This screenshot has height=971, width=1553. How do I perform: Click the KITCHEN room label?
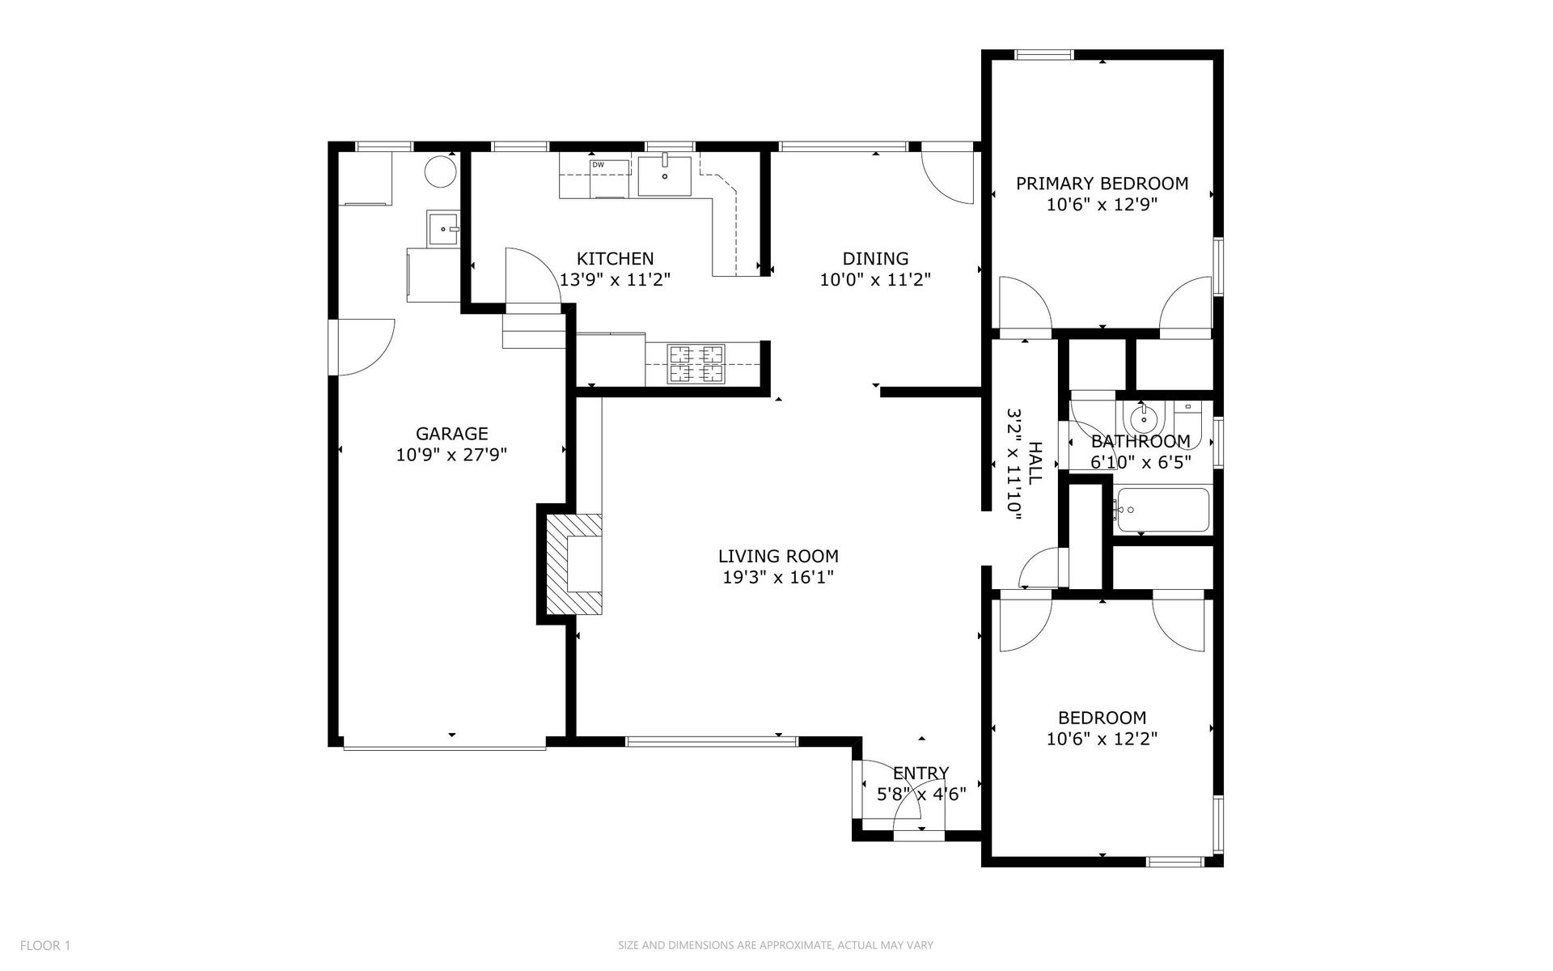(x=615, y=259)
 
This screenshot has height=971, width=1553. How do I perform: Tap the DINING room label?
(x=875, y=259)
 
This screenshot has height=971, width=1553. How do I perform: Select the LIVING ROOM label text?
(x=778, y=557)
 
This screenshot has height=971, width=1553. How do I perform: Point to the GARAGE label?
(x=451, y=434)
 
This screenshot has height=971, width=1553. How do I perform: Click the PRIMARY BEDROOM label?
(x=1102, y=184)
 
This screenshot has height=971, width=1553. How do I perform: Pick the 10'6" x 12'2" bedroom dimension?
(x=1102, y=739)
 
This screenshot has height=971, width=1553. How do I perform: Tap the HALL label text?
(x=1035, y=463)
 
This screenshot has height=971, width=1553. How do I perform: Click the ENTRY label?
(x=920, y=773)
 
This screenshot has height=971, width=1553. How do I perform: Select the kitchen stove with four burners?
(x=695, y=363)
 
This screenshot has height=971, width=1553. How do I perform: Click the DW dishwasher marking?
(x=599, y=165)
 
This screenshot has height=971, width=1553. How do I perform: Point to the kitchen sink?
(x=664, y=176)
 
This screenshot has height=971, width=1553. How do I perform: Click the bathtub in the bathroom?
(x=1162, y=510)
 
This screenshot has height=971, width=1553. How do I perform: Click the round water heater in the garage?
(x=441, y=171)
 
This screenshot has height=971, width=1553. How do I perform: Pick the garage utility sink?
(x=443, y=228)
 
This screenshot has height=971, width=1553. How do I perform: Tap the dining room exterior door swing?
(x=948, y=176)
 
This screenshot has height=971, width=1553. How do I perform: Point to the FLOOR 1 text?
(x=45, y=945)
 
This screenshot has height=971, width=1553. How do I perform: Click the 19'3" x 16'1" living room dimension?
(x=778, y=578)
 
